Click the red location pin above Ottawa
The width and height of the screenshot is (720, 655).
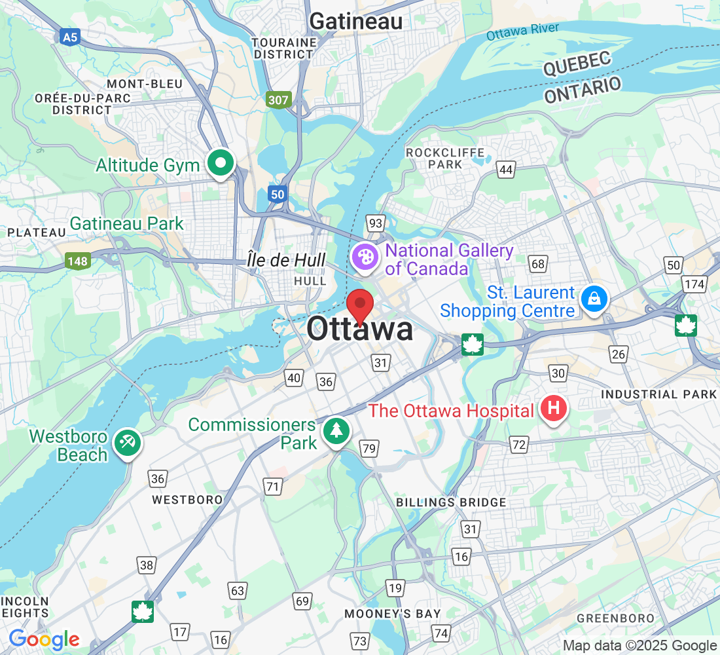pyautogui.click(x=359, y=305)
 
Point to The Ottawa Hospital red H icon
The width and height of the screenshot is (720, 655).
pyautogui.click(x=554, y=409)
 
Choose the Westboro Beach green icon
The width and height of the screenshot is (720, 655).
pyautogui.click(x=127, y=443)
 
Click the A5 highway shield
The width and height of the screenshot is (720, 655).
pyautogui.click(x=70, y=37)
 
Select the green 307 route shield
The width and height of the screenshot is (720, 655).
pyautogui.click(x=278, y=100)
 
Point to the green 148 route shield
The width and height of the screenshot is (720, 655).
pyautogui.click(x=77, y=261)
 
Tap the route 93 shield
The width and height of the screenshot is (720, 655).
pyautogui.click(x=375, y=224)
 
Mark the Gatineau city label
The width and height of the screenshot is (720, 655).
pyautogui.click(x=355, y=21)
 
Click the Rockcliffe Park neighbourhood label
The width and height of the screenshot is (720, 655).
pyautogui.click(x=446, y=159)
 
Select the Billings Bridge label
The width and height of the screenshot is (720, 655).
pyautogui.click(x=451, y=502)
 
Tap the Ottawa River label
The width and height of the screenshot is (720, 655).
pyautogui.click(x=522, y=31)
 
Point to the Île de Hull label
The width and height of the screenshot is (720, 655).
pyautogui.click(x=286, y=260)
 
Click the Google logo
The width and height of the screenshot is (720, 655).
pyautogui.click(x=44, y=639)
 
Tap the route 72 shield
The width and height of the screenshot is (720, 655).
pyautogui.click(x=519, y=445)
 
